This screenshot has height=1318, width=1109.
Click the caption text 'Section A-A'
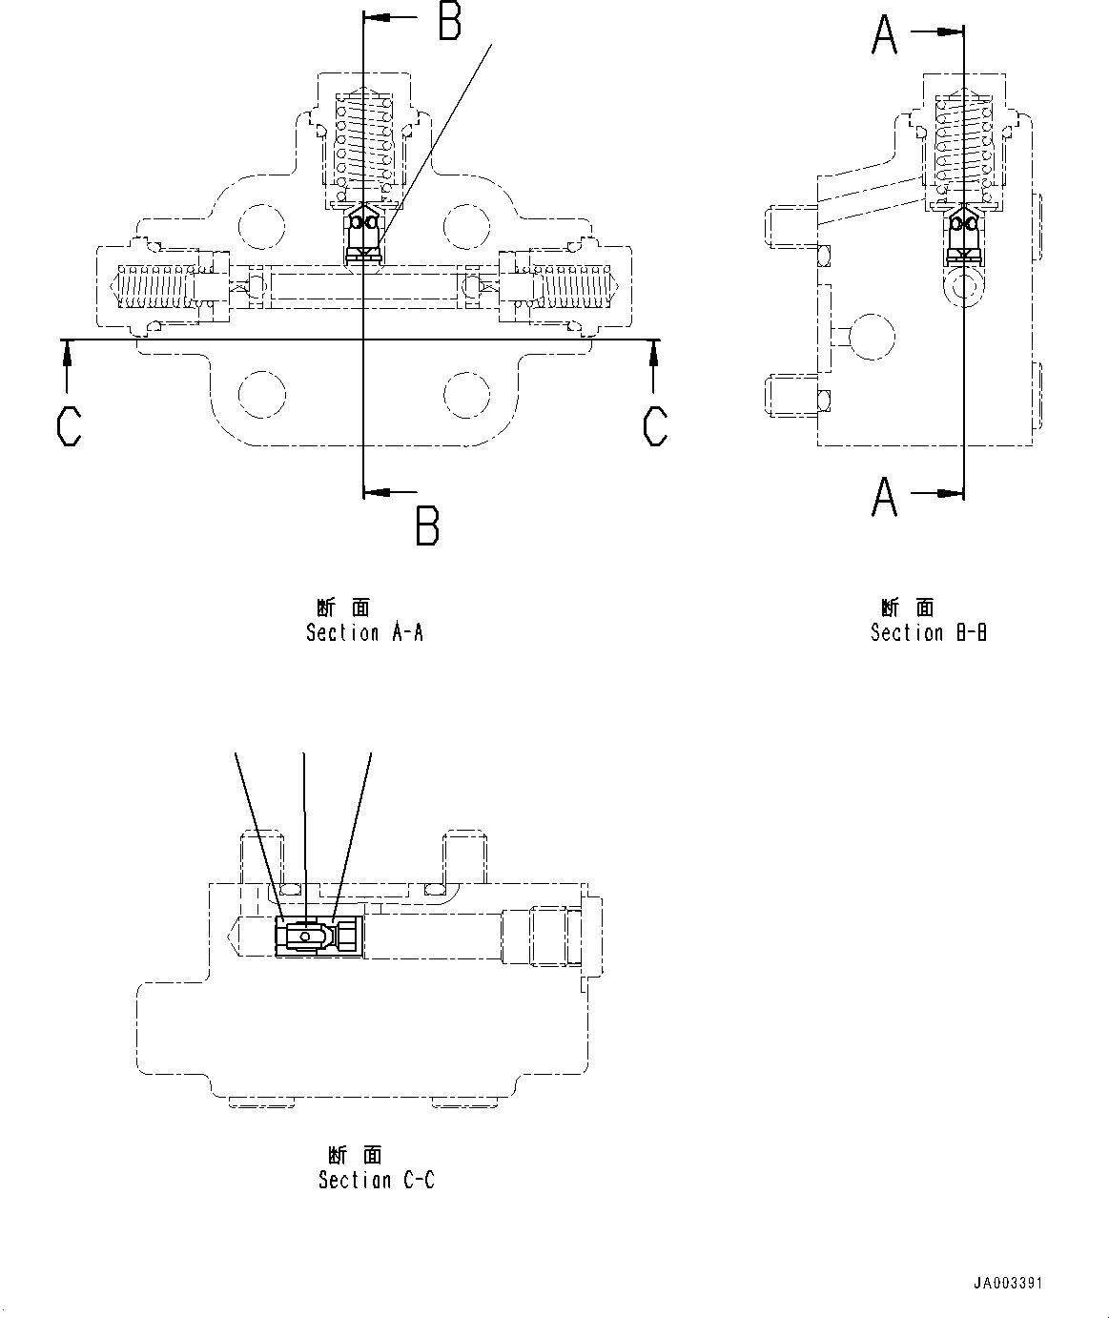[x=364, y=632]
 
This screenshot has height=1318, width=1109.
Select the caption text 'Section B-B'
[x=928, y=632]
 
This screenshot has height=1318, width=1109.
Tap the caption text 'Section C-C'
[x=376, y=1180]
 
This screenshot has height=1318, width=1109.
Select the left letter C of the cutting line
[x=70, y=425]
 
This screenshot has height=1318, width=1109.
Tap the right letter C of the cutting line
[x=655, y=425]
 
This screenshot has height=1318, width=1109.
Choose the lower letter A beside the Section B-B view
[x=884, y=496]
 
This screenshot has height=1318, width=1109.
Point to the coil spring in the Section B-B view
[x=964, y=143]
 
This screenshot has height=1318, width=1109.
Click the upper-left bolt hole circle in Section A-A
[x=261, y=227]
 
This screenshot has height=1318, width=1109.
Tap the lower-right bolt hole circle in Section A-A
[x=467, y=394]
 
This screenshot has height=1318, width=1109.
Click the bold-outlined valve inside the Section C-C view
[x=318, y=936]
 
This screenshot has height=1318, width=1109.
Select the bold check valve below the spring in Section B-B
[x=964, y=237]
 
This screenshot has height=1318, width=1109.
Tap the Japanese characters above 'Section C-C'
[x=355, y=1155]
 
